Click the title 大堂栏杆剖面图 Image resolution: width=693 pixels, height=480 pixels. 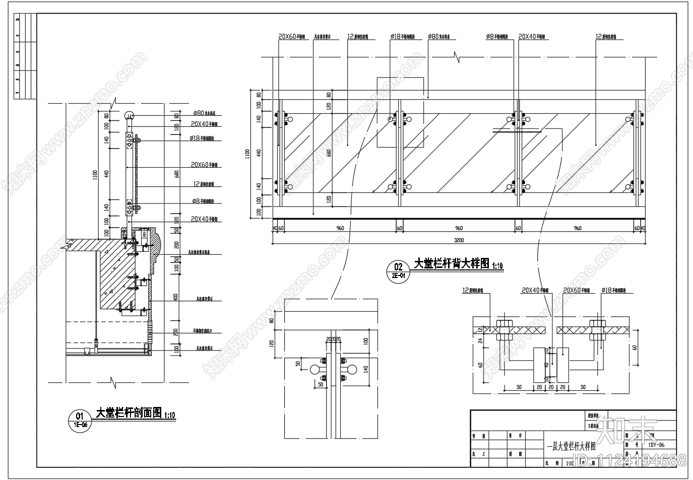click(129, 413)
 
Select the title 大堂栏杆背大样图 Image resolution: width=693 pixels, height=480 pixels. click(452, 263)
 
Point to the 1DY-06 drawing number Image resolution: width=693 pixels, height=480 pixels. click(656, 445)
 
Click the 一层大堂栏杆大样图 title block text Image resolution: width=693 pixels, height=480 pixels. click(571, 446)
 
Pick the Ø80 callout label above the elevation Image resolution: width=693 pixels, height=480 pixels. click(438, 37)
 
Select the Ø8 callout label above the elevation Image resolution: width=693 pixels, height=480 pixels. click(497, 37)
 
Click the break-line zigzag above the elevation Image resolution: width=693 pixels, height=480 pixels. click(457, 56)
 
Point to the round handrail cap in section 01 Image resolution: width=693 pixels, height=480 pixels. click(129, 115)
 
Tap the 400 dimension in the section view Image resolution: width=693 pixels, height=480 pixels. click(176, 297)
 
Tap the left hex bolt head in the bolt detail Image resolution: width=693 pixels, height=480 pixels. click(503, 323)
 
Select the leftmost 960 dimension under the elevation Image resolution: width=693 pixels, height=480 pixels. click(340, 228)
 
